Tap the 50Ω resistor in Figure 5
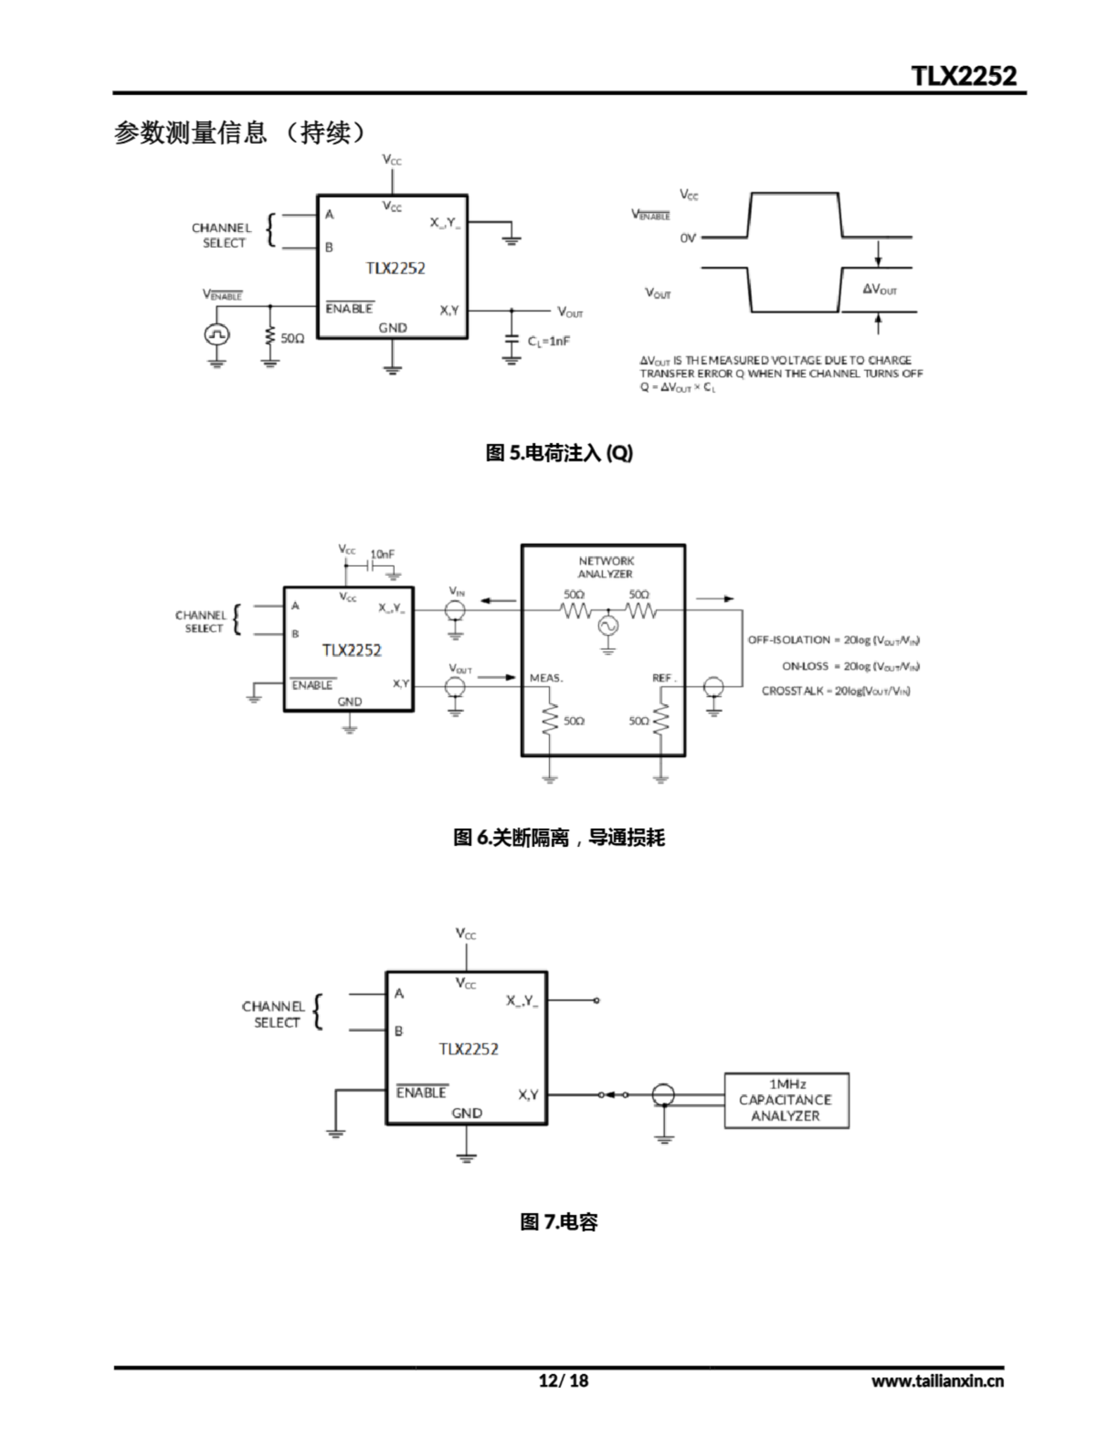click(x=270, y=337)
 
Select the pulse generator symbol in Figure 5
click(x=216, y=335)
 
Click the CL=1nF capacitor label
click(x=548, y=341)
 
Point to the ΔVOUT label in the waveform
click(x=879, y=289)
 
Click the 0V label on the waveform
click(x=687, y=238)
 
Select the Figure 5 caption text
click(x=558, y=453)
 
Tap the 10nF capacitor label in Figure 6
click(x=383, y=554)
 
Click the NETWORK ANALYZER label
click(x=606, y=567)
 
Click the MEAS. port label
click(x=546, y=678)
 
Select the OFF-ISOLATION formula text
click(x=833, y=640)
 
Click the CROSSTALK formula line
click(x=836, y=691)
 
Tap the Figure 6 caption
click(x=558, y=838)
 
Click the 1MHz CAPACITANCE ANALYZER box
click(x=786, y=1101)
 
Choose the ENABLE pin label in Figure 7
click(x=421, y=1093)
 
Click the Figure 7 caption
click(x=558, y=1221)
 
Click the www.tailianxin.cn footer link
click(x=937, y=1381)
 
